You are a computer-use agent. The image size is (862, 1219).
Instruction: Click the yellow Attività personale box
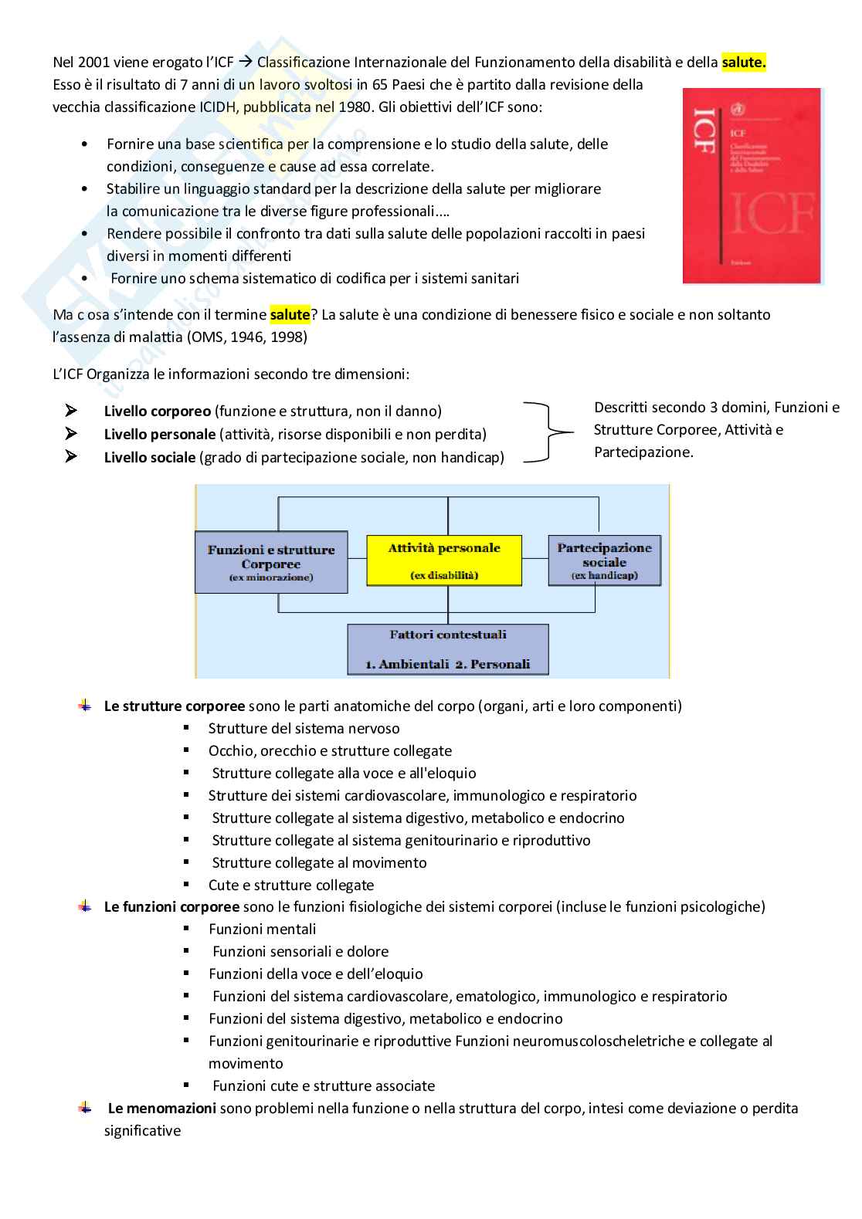[444, 560]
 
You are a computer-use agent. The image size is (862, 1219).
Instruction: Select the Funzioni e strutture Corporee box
[271, 562]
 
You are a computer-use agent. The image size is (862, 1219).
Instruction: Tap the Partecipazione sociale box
[605, 560]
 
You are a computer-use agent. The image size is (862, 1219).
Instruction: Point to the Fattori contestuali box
[448, 649]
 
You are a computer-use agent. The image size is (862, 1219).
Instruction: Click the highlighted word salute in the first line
[743, 63]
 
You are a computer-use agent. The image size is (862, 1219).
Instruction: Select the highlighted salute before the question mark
[290, 314]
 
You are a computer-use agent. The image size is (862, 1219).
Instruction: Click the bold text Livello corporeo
[158, 411]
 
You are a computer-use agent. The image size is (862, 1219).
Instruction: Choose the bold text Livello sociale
[150, 458]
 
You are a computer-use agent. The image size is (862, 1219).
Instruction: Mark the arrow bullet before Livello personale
[72, 434]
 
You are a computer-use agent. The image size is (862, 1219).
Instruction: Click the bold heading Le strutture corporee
[175, 706]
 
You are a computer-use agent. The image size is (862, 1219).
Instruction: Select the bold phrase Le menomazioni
[161, 1109]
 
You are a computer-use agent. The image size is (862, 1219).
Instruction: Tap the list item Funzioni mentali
[263, 929]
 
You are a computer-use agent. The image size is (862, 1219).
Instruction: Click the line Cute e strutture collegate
[291, 885]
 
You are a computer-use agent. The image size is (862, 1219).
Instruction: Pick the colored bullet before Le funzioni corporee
[85, 906]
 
